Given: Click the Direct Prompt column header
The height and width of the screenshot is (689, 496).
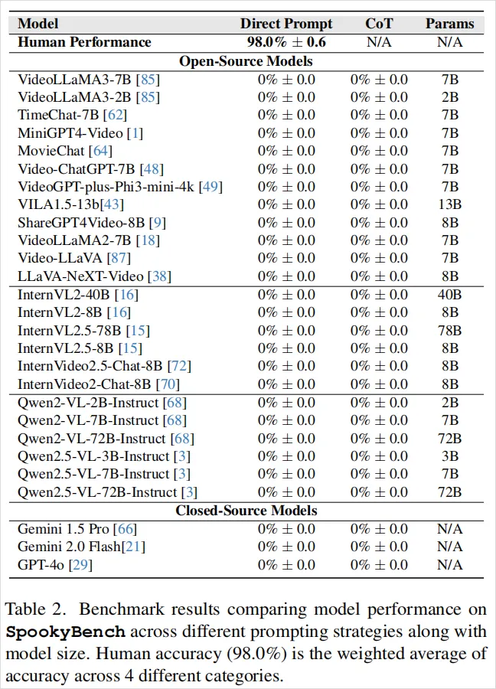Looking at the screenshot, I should click(286, 24).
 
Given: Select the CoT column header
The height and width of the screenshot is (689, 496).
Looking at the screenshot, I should click(379, 24).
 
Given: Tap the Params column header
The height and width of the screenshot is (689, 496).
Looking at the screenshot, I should click(449, 24).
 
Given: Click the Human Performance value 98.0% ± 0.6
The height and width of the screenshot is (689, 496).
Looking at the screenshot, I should click(286, 42).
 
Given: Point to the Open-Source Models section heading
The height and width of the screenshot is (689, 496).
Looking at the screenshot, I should click(246, 60).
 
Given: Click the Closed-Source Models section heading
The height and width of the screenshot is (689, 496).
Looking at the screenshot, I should click(246, 510).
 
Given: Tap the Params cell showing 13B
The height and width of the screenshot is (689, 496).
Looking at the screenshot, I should click(449, 204).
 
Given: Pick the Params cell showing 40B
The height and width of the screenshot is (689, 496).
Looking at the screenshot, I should click(449, 295).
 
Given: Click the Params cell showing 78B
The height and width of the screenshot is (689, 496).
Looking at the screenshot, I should click(449, 331).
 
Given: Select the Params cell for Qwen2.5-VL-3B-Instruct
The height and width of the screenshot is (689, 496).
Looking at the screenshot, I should click(449, 456).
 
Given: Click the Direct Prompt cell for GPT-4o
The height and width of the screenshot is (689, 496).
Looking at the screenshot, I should click(286, 564).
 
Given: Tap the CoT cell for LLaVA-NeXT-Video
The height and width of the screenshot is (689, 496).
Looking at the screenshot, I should click(379, 276).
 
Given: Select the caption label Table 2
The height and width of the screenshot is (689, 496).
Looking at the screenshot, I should click(31, 610).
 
